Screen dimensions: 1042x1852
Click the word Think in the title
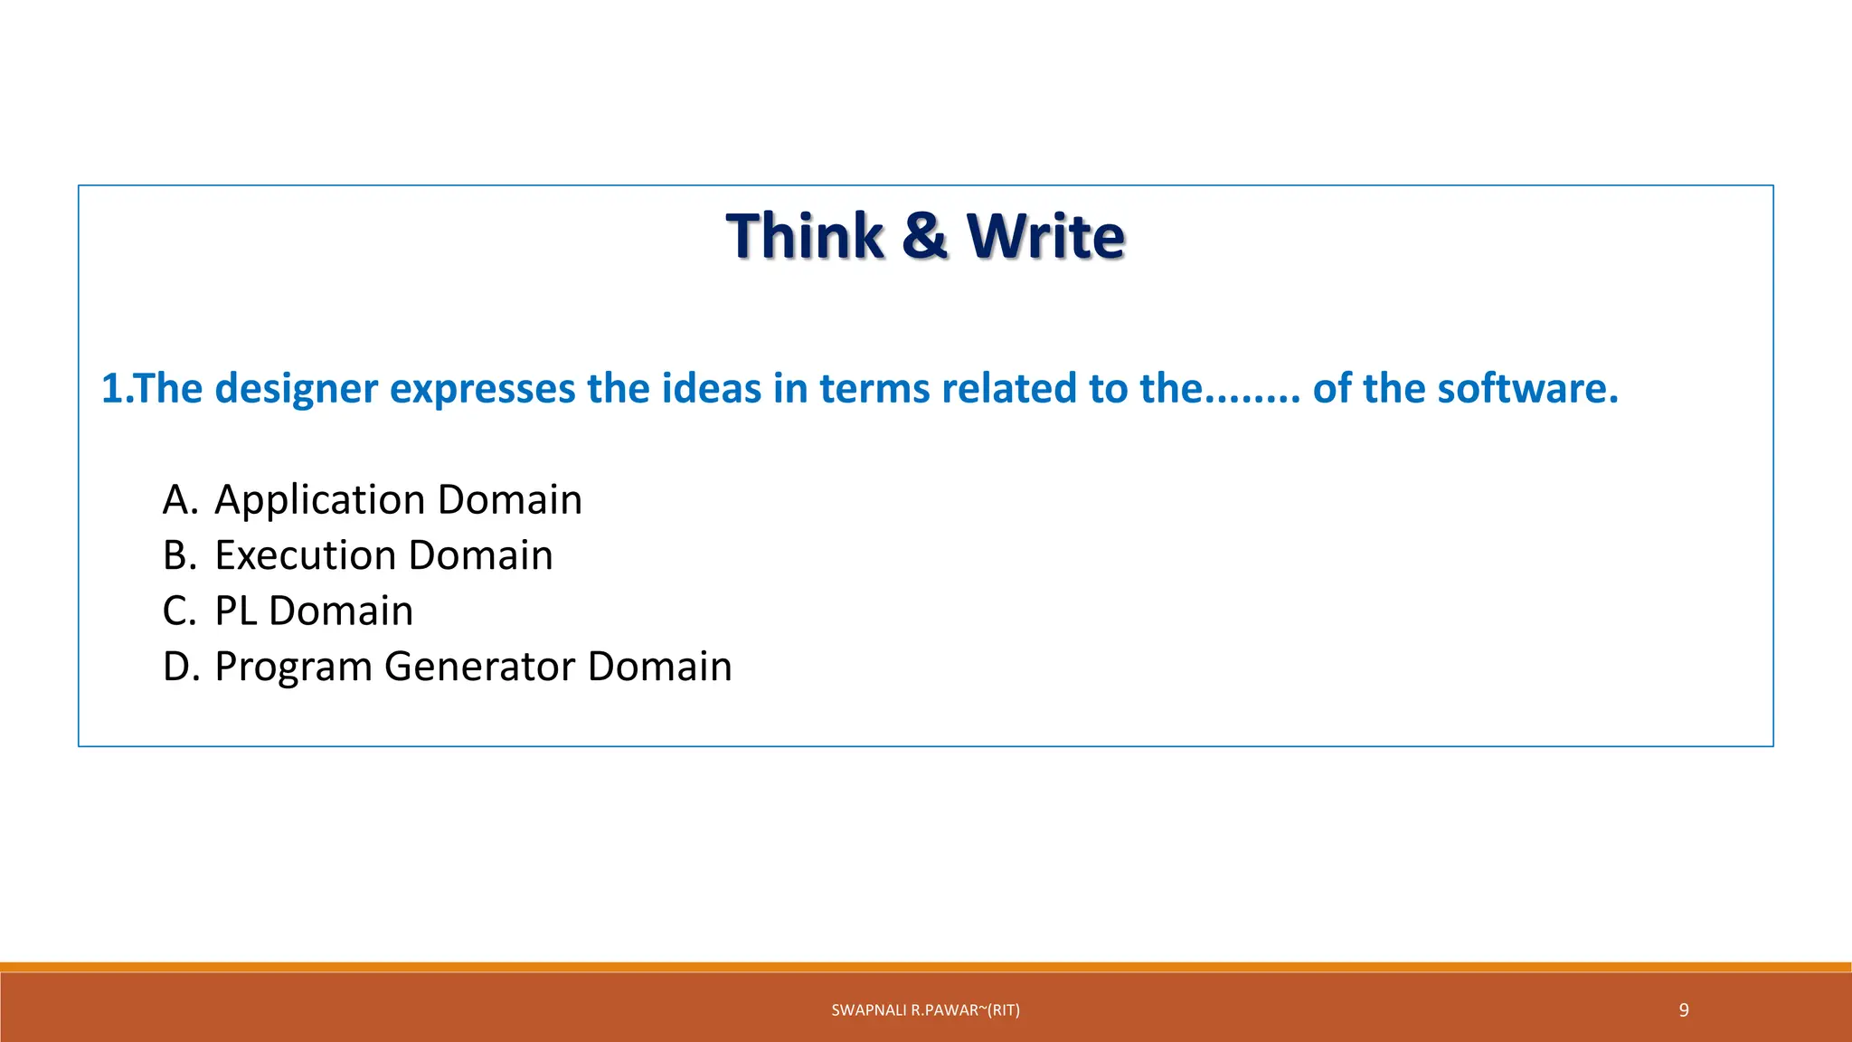(x=804, y=236)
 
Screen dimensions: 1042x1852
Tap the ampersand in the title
(x=924, y=236)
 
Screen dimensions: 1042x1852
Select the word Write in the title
(x=1045, y=236)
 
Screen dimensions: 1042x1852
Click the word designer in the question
(x=297, y=389)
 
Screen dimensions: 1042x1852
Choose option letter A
(x=178, y=500)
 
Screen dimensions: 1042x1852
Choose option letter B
(x=178, y=555)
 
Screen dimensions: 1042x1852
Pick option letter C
(x=178, y=611)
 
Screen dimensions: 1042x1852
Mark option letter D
(x=179, y=667)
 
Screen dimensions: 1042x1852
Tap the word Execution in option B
(x=305, y=555)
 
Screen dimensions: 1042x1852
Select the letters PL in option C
(x=236, y=611)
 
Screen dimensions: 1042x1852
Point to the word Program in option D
(x=293, y=668)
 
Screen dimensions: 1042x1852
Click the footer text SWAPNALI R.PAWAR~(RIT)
(x=925, y=1010)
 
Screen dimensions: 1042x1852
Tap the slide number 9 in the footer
(x=1683, y=1010)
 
